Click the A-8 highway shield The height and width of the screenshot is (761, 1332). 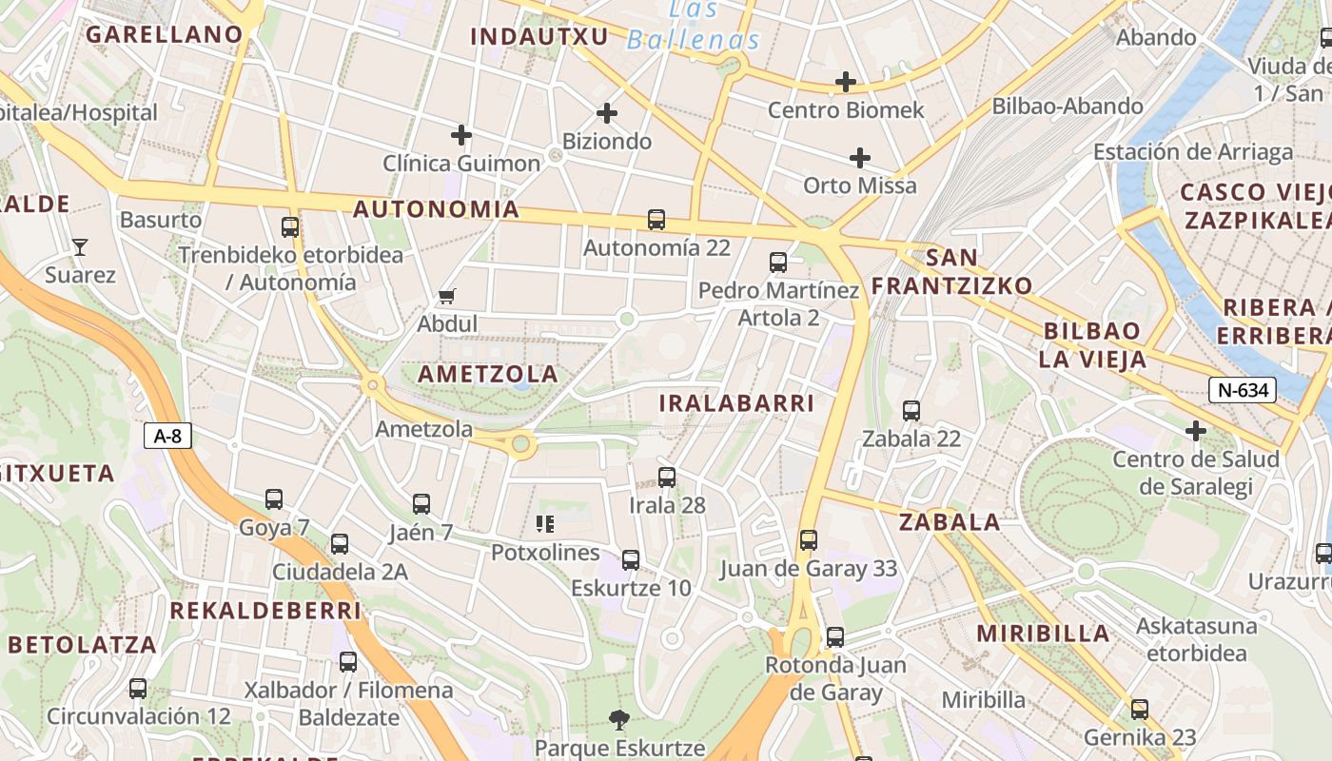(x=167, y=437)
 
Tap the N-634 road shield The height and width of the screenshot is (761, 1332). (x=1242, y=389)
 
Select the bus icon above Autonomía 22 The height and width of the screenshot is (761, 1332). (x=656, y=220)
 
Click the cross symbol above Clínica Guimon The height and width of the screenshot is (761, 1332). (x=461, y=135)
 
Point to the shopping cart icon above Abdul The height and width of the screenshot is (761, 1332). (x=446, y=297)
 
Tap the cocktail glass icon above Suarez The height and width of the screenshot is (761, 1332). (x=80, y=247)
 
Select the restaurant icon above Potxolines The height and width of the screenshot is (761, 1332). (x=545, y=523)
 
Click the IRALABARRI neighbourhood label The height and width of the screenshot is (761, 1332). (x=737, y=403)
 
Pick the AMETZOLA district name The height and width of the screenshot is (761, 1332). (x=488, y=374)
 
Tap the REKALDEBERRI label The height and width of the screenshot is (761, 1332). (x=265, y=611)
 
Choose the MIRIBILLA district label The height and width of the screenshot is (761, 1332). (x=1043, y=634)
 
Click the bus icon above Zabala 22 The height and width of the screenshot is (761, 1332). (x=911, y=411)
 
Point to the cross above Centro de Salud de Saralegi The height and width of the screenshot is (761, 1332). (x=1196, y=432)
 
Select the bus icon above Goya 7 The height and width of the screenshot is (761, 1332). (x=274, y=499)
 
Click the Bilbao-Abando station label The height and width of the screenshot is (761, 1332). (x=1068, y=107)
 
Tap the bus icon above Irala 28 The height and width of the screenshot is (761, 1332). (x=667, y=478)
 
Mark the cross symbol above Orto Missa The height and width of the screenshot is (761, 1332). (x=860, y=157)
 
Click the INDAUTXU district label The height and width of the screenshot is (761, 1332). (x=539, y=36)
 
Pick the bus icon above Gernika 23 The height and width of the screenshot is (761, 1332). (x=1140, y=709)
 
